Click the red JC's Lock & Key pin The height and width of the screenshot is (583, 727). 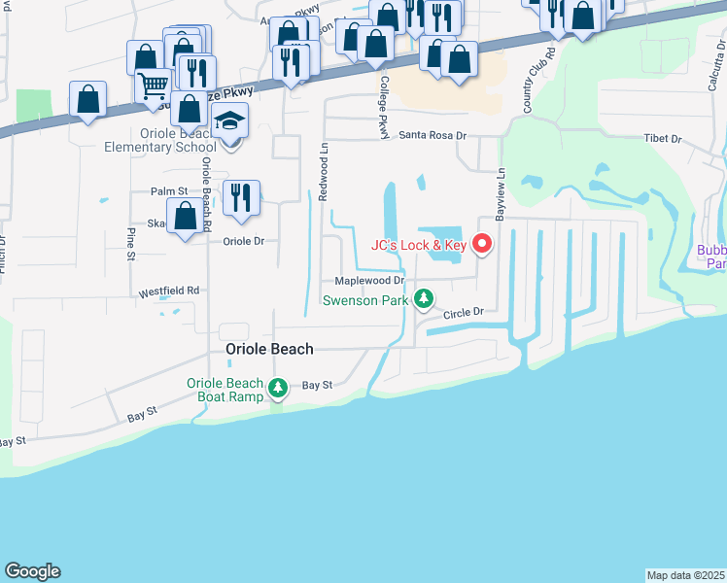point(482,243)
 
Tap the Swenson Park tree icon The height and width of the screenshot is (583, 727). point(423,298)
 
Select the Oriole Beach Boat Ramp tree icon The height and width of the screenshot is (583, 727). point(278,389)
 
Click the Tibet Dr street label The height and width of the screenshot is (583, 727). point(662,139)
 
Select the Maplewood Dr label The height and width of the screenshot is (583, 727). point(369,280)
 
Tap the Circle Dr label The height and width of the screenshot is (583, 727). point(464,313)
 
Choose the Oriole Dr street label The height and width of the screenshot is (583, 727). point(244,241)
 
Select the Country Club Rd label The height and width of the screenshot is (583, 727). point(532,86)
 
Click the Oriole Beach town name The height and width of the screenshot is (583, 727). point(269,349)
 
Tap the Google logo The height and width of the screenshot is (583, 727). point(32,571)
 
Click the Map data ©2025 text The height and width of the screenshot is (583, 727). point(686,575)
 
